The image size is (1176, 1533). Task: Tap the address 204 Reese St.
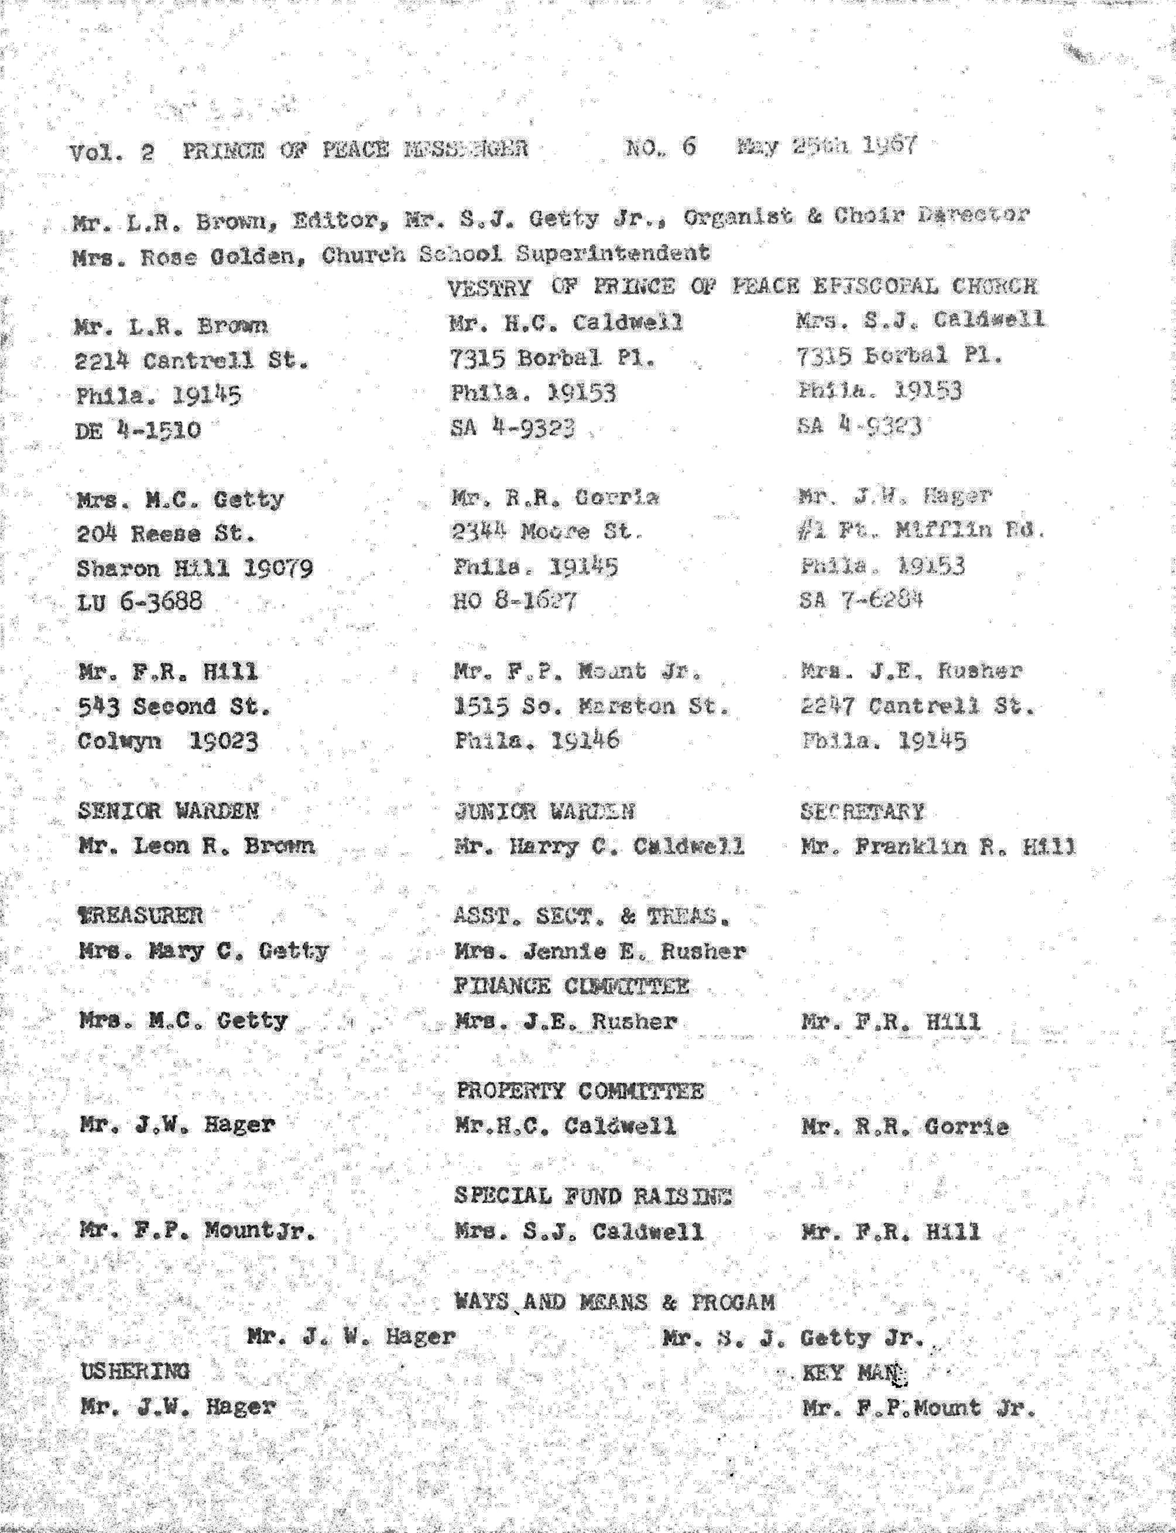tap(166, 534)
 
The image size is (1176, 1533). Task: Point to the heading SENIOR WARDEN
tap(168, 811)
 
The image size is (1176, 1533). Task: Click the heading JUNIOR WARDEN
tap(544, 811)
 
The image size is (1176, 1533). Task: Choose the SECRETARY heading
tap(862, 812)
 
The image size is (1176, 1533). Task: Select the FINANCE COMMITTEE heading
tap(571, 986)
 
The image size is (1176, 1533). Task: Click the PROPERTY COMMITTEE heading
tap(580, 1090)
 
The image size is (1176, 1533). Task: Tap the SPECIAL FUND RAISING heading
tap(593, 1196)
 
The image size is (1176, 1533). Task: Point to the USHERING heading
tap(135, 1371)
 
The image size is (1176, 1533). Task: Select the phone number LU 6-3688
tap(140, 601)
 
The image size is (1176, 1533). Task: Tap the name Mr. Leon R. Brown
tap(197, 846)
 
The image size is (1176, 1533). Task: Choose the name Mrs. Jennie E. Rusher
tap(600, 951)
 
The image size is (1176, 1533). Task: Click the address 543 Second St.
tap(174, 707)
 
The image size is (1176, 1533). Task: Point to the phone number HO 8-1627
tap(515, 601)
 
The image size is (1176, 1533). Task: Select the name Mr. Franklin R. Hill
tap(937, 847)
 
